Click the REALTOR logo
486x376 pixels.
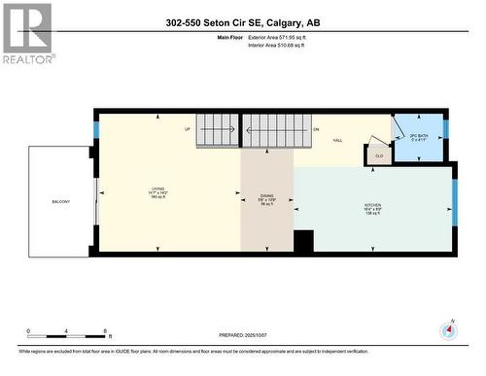(x=27, y=34)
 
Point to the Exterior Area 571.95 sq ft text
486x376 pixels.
(x=283, y=36)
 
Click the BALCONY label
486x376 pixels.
(x=60, y=201)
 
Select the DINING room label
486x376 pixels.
(x=266, y=196)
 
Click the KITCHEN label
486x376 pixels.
(x=373, y=209)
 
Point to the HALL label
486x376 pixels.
(x=338, y=141)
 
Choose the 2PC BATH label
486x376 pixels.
(x=418, y=137)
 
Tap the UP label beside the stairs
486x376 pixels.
(x=187, y=129)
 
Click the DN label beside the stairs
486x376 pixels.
(x=315, y=129)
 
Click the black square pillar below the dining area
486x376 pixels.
(x=303, y=241)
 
